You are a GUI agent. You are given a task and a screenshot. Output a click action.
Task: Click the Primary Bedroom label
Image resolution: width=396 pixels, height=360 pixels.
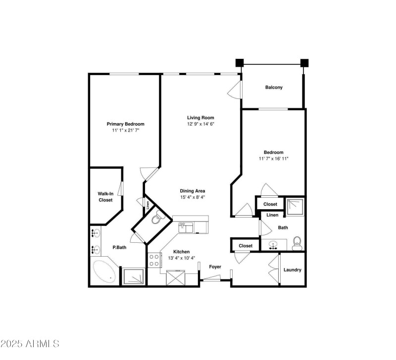(125, 124)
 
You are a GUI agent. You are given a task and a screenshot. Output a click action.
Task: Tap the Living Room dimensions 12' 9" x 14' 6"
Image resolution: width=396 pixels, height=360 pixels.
(200, 124)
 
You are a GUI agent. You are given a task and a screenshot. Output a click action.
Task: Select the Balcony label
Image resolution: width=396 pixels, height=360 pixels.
(274, 88)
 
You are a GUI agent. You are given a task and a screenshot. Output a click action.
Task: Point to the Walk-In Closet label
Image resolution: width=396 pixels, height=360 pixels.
(105, 197)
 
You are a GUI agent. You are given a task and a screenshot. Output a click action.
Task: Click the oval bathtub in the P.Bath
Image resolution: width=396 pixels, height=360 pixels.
(105, 271)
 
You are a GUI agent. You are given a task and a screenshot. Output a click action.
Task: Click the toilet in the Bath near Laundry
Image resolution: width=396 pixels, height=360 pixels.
(297, 242)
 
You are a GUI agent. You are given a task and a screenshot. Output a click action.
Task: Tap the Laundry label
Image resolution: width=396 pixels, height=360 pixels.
(293, 270)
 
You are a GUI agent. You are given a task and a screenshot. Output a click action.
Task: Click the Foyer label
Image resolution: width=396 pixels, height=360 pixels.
(215, 267)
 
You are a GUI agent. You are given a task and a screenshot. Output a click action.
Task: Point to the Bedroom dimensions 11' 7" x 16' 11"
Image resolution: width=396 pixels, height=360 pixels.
(273, 159)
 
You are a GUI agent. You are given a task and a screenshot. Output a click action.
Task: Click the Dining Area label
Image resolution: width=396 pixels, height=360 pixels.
(193, 191)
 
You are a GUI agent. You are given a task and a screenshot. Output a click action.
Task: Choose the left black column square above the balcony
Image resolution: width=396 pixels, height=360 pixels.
(240, 63)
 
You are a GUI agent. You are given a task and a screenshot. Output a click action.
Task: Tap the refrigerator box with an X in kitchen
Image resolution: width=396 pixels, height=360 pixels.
(176, 277)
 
